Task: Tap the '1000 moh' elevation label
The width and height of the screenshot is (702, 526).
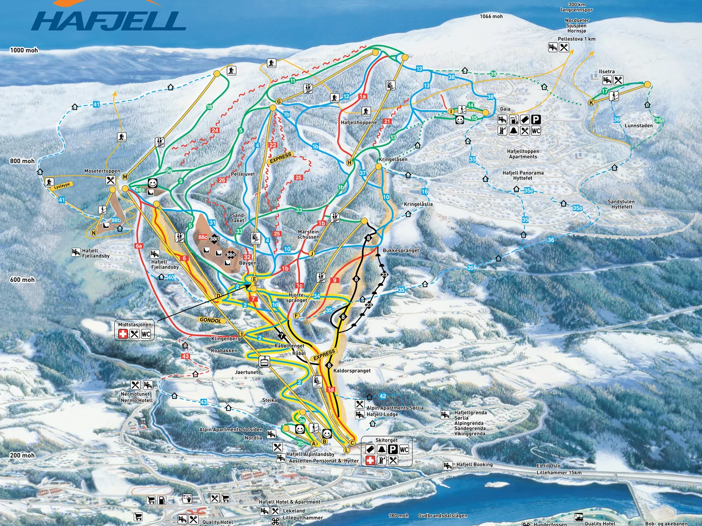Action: coord(24,50)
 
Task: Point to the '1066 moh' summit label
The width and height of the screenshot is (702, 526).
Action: coord(491,16)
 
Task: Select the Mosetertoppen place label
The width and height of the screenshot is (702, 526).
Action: coord(102,171)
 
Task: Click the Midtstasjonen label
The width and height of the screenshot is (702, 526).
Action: coord(135,325)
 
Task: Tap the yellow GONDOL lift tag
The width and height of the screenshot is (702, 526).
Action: coord(210,320)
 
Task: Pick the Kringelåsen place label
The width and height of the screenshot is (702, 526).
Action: coord(393,159)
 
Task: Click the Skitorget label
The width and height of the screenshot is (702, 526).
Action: coord(386,440)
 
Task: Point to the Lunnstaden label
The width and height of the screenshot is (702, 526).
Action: coord(638,126)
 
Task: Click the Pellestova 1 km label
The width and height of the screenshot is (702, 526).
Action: coord(576,39)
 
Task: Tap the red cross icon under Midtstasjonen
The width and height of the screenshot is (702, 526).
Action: coord(123,334)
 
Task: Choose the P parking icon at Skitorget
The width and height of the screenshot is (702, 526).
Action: coord(392,449)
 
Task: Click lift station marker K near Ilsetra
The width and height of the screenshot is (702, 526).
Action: coord(591,103)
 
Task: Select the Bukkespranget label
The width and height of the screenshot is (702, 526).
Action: coord(401,250)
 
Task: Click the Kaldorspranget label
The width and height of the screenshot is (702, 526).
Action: coord(352,371)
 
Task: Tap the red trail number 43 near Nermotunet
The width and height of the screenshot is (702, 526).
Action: coord(186,356)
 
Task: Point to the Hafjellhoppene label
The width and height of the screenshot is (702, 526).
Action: coord(359,123)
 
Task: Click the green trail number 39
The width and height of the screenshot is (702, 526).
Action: coord(493,74)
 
